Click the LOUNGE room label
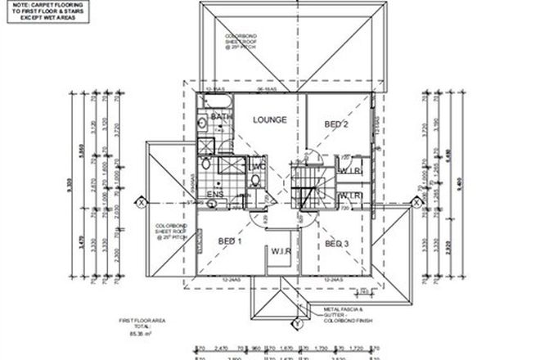point(269,120)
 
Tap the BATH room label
point(220,118)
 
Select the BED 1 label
point(230,242)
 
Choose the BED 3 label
point(337,244)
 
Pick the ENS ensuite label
point(216,194)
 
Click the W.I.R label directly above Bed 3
point(350,196)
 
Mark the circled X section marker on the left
point(142,201)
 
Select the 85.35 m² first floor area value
point(134,335)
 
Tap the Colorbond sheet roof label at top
point(241,41)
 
